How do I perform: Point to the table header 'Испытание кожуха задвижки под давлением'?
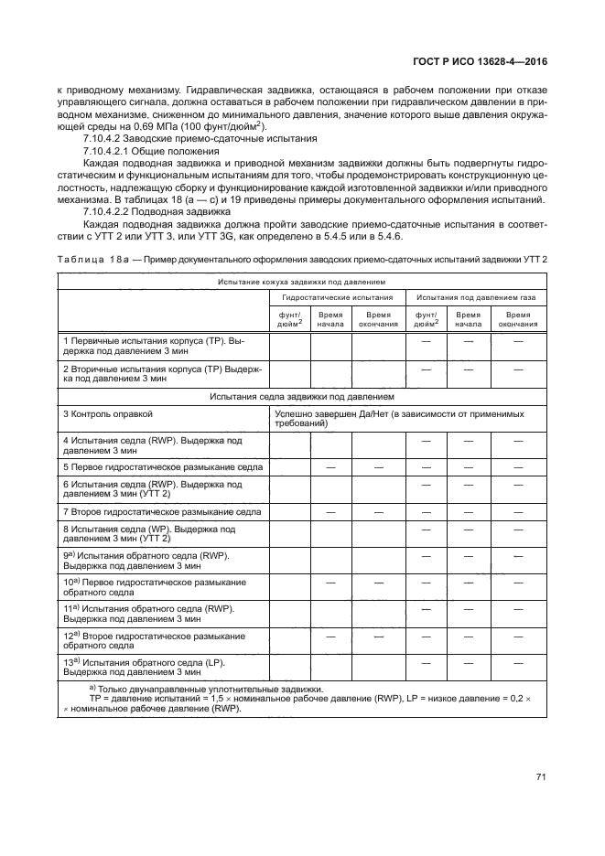click(x=301, y=284)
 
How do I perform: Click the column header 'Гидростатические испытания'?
click(x=337, y=298)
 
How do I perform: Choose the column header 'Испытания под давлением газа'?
click(x=477, y=298)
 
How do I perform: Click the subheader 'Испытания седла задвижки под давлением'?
click(x=301, y=398)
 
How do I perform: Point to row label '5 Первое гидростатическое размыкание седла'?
click(x=163, y=466)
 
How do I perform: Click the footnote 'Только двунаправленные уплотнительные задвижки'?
click(x=211, y=688)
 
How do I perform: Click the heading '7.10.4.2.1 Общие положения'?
click(x=151, y=150)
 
